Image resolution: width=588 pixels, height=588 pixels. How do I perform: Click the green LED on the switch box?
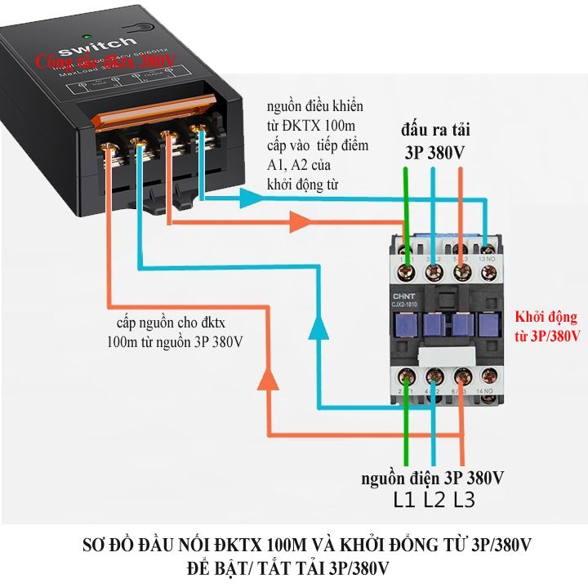[x=87, y=36]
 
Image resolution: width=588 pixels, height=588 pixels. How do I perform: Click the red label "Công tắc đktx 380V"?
[x=104, y=60]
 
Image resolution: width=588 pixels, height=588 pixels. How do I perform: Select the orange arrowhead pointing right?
[x=300, y=221]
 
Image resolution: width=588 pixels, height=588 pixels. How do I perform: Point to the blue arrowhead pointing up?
[x=318, y=327]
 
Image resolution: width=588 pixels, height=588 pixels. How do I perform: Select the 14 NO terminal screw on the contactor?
[x=488, y=376]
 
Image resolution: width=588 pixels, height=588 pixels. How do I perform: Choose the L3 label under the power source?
[x=464, y=500]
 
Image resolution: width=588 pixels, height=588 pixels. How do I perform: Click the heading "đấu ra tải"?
[x=434, y=131]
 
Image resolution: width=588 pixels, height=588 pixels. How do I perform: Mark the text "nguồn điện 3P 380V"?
[x=433, y=477]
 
